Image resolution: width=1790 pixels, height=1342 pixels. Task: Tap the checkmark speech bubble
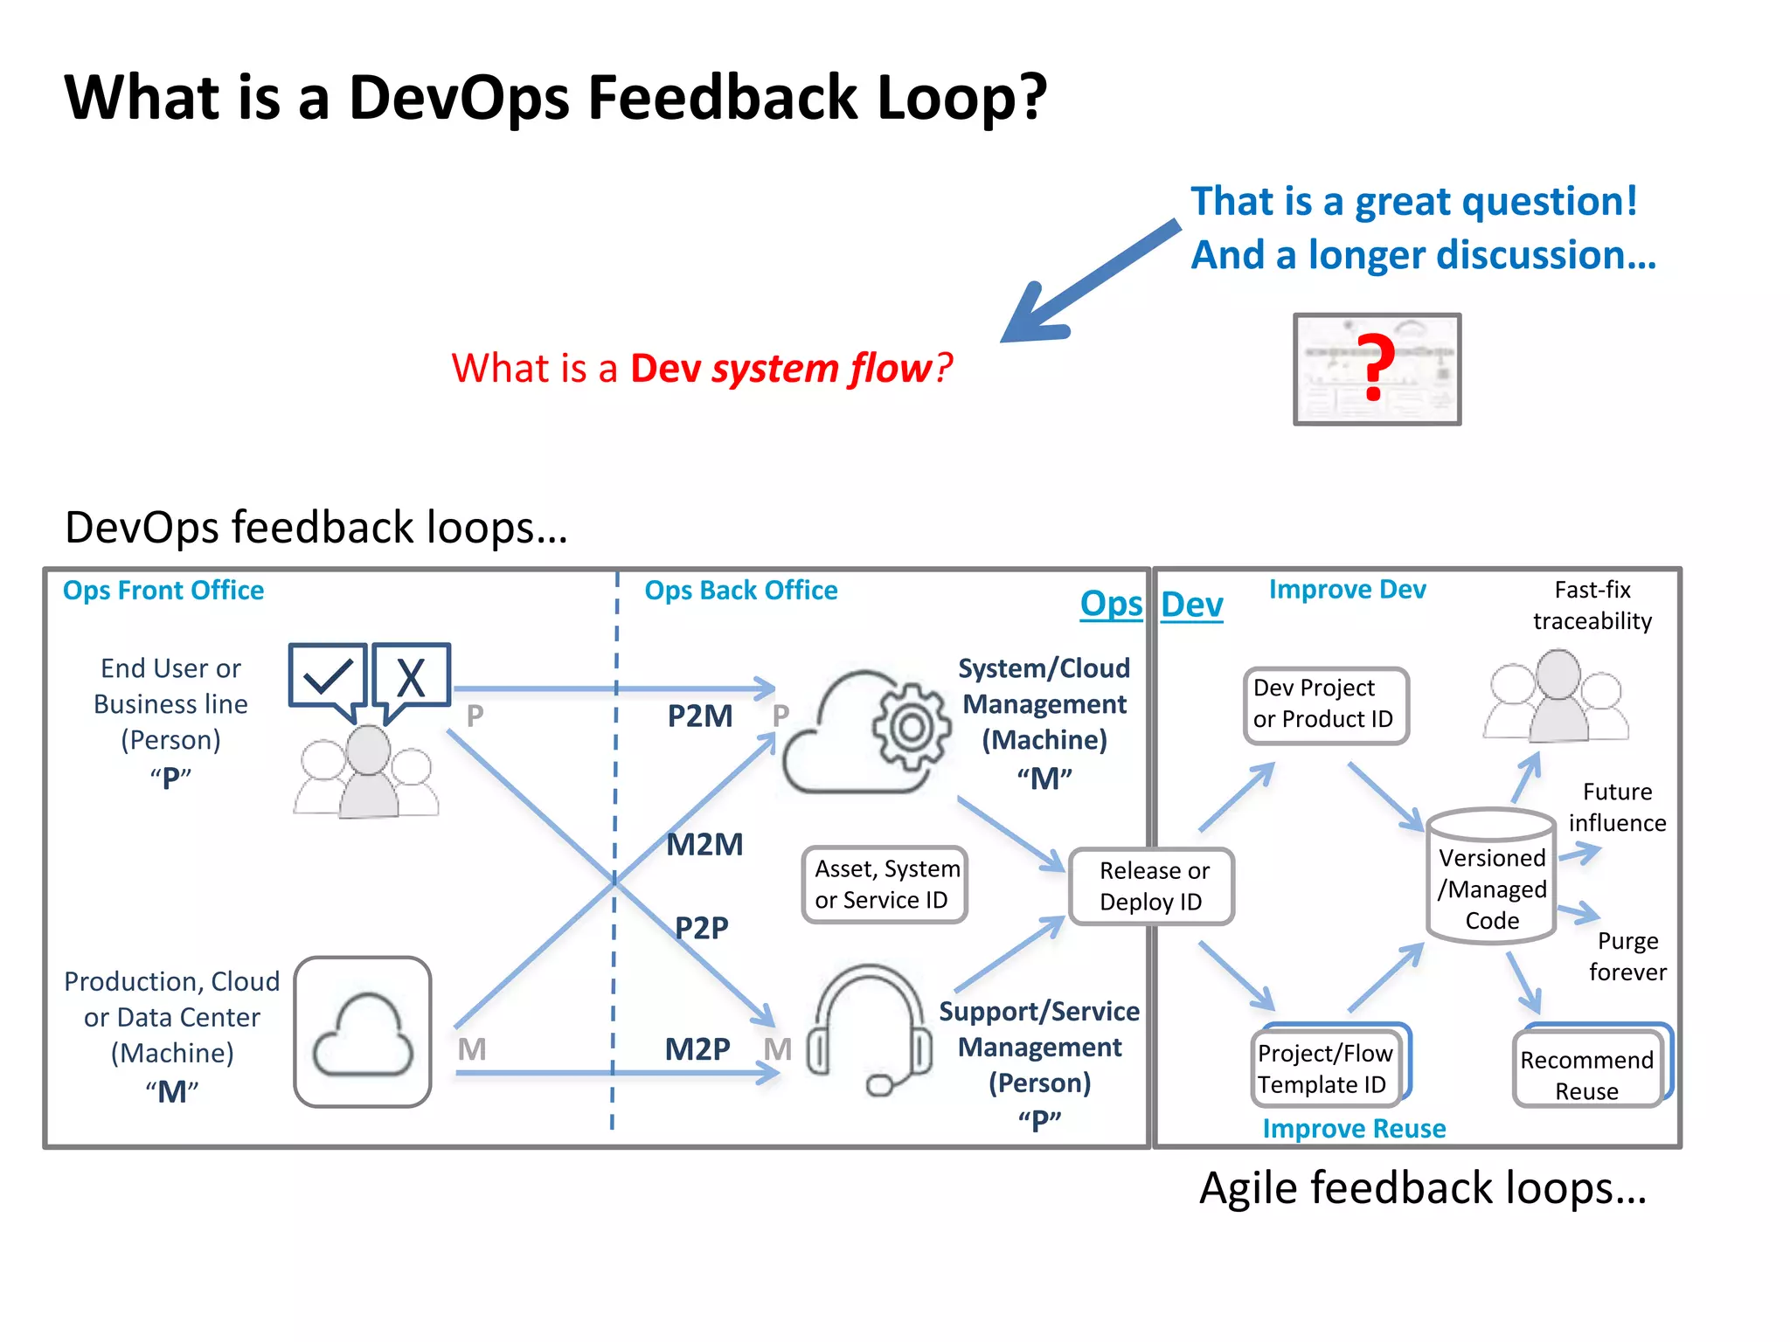pyautogui.click(x=327, y=678)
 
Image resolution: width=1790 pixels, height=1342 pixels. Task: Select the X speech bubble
pyautogui.click(x=411, y=678)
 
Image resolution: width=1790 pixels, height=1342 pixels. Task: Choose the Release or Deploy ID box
pyautogui.click(x=1152, y=886)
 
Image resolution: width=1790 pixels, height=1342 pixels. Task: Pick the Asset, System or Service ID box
pyautogui.click(x=885, y=884)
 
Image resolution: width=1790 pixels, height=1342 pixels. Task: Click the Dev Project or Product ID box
pyautogui.click(x=1325, y=704)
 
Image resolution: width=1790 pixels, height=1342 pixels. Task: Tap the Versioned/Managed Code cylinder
pyautogui.click(x=1491, y=877)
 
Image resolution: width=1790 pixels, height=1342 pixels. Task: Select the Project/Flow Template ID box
pyautogui.click(x=1325, y=1068)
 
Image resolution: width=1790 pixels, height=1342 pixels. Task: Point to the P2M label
pyautogui.click(x=700, y=716)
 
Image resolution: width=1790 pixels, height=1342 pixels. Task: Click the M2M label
pyautogui.click(x=704, y=845)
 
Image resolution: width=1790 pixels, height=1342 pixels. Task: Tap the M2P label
pyautogui.click(x=697, y=1049)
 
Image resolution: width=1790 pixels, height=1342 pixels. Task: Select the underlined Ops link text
pyautogui.click(x=1111, y=605)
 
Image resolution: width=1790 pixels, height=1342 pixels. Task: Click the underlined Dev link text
pyautogui.click(x=1191, y=605)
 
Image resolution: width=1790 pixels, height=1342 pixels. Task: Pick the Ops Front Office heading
pyautogui.click(x=163, y=591)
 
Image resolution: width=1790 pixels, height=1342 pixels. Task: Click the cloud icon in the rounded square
pyautogui.click(x=363, y=1033)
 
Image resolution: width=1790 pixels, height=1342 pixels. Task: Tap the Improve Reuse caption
pyautogui.click(x=1354, y=1129)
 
